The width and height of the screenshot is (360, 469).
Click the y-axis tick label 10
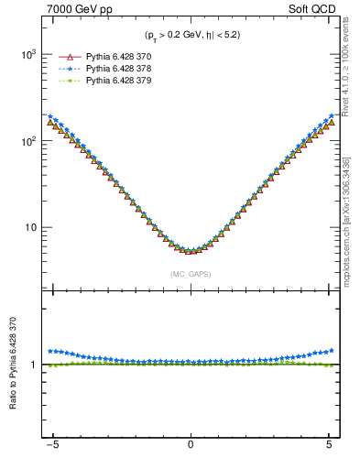30,227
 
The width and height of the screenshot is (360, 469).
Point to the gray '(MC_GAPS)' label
190,274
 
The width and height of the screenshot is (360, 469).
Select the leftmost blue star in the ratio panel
50,351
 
